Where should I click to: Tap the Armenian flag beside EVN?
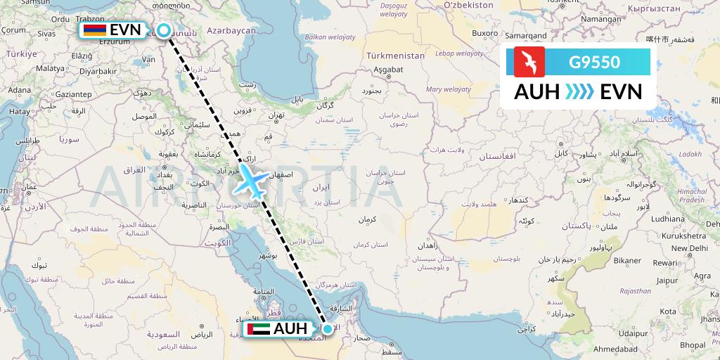tap(95, 30)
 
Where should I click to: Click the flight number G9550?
tap(594, 63)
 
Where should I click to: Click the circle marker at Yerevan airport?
tap(163, 30)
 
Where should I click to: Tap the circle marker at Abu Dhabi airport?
tap(327, 328)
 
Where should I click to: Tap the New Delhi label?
tap(689, 248)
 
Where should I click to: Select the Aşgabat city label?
tap(387, 70)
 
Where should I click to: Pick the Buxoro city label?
tap(484, 33)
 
